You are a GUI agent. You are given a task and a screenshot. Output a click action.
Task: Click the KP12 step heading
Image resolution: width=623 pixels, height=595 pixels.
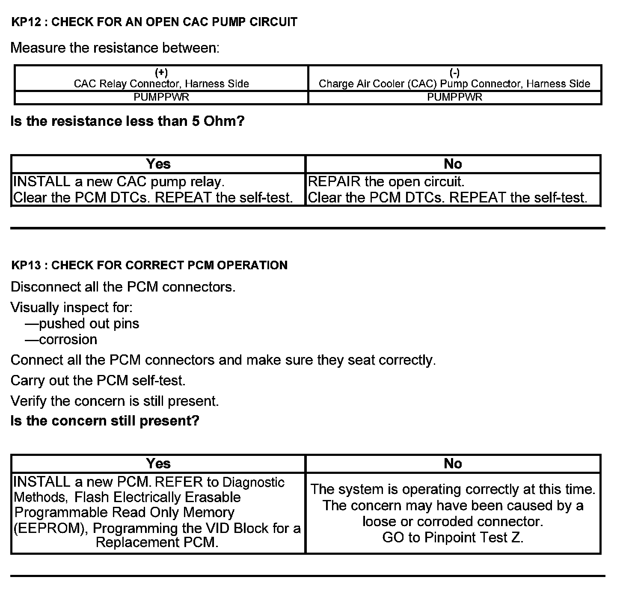[x=154, y=22]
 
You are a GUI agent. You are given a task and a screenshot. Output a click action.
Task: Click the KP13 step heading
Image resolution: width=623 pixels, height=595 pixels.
[x=149, y=265]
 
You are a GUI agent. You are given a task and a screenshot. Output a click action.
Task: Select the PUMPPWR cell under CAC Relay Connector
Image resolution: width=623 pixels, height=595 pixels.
[x=161, y=97]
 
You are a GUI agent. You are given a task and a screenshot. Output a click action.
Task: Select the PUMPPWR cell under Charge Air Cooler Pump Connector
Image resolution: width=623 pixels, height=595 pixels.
[x=454, y=97]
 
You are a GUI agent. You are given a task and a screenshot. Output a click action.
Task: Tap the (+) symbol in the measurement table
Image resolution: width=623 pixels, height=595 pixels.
[x=161, y=72]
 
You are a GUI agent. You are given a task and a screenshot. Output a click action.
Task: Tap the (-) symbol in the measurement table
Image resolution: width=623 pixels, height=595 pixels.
[x=454, y=72]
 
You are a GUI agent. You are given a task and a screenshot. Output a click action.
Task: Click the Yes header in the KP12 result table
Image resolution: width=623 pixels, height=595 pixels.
[x=158, y=164]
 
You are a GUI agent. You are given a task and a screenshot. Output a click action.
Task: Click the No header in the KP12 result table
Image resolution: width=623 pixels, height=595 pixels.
[x=453, y=164]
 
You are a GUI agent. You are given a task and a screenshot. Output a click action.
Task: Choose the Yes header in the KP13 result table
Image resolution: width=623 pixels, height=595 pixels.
[x=158, y=464]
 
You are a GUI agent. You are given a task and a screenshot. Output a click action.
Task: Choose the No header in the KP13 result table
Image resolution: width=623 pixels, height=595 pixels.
[x=453, y=464]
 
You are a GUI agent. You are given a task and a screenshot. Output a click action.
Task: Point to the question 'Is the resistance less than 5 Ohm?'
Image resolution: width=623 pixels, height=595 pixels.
[x=128, y=122]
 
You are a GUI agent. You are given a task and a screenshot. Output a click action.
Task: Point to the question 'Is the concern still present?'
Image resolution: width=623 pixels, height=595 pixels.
[x=105, y=421]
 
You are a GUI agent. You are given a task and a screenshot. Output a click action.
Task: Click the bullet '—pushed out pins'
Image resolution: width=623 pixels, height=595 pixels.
[x=82, y=324]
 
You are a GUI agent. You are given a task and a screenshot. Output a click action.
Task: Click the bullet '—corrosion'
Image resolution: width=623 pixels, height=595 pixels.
[x=61, y=340]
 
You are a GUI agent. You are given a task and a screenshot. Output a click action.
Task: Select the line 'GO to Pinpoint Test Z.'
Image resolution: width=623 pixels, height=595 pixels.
[x=453, y=538]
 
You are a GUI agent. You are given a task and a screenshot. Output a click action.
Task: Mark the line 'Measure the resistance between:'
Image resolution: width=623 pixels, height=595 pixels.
[x=115, y=48]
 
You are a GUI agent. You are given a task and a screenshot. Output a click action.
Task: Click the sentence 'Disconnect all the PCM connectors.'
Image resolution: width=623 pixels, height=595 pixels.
[x=123, y=287]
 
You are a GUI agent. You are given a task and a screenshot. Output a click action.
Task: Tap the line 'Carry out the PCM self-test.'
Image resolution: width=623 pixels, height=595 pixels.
[x=98, y=381]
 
